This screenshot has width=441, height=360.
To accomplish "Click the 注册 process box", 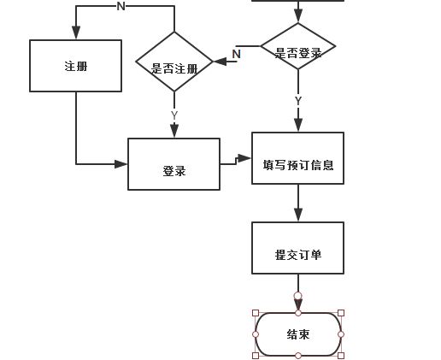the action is coord(76,66).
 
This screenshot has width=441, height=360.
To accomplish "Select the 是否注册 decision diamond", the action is coord(174,62).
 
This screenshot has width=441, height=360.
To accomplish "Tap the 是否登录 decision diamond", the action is coord(298,46).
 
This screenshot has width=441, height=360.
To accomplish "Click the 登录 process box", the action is coord(173,164).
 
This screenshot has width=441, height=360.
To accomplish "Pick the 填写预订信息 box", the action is coord(298,158).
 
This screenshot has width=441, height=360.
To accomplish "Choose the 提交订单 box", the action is coord(298,248).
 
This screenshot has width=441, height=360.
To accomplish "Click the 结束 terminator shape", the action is coord(298,334).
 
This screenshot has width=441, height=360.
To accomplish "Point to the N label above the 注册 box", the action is coord(121,6).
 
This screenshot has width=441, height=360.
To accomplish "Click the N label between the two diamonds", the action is coord(237,54).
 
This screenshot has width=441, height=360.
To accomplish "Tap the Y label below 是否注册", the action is coord(174,115).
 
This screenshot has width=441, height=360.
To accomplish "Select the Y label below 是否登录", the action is coord(298,101).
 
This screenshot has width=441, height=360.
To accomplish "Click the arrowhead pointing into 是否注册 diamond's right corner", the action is coord(220,62).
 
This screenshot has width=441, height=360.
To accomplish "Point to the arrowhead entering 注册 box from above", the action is coord(76,32).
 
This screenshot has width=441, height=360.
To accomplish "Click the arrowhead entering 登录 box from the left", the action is coord(121,164).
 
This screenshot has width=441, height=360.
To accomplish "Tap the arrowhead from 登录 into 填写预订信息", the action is coord(244,158).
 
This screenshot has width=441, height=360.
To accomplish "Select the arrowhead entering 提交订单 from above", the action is coord(298,215).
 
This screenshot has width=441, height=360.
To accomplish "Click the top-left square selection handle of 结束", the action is coord(256,313).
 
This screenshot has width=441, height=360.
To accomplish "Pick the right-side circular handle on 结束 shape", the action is coord(341,334).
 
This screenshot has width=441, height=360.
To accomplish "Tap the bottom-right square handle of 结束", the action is coord(341,356).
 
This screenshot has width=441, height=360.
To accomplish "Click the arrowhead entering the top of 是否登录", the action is coord(298,15).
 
